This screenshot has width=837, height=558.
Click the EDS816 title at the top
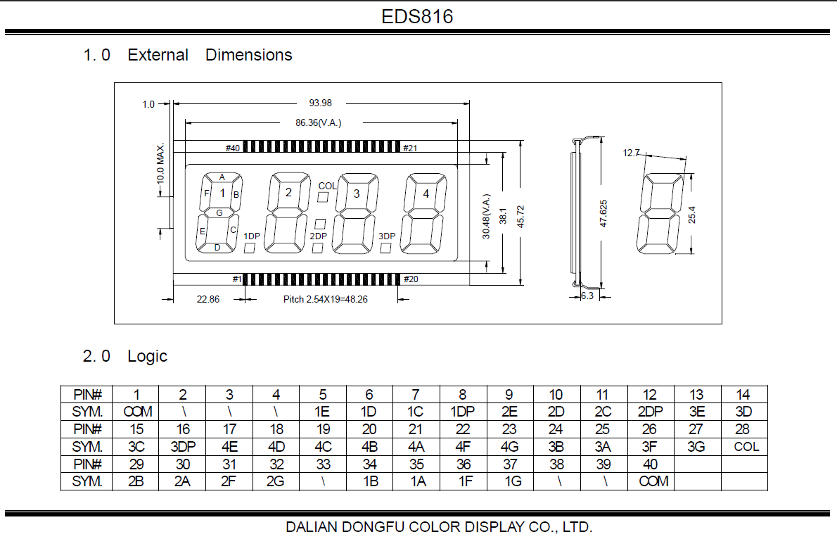click(417, 16)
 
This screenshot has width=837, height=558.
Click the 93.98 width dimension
click(320, 103)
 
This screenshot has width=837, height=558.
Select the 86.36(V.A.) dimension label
click(318, 122)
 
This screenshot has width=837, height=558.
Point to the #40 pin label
click(233, 148)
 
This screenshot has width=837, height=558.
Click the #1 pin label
click(236, 279)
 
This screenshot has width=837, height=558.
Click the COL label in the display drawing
click(327, 186)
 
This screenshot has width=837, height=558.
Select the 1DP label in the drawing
click(252, 236)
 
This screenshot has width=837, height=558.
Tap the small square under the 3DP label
click(386, 248)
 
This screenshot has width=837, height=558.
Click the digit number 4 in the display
click(425, 194)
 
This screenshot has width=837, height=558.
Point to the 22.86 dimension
click(208, 299)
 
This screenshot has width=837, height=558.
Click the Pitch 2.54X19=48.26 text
click(325, 299)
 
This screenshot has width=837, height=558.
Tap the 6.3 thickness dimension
click(587, 296)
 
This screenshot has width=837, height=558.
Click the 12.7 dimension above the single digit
click(631, 153)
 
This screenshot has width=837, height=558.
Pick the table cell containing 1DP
click(462, 412)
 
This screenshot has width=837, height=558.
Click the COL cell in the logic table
click(743, 446)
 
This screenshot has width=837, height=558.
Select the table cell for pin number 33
click(323, 464)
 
